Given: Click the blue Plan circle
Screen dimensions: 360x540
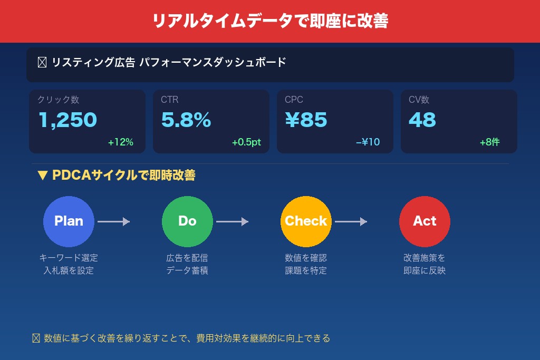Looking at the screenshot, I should [x=69, y=221].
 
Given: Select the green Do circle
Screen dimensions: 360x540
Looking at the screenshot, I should [x=187, y=221].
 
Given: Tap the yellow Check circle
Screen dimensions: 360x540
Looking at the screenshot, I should [x=306, y=221].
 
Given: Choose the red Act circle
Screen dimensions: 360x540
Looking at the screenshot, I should [x=425, y=221].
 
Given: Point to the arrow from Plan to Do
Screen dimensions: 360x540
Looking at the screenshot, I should [x=113, y=222].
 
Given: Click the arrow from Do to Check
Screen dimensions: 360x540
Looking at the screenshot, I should [x=232, y=222].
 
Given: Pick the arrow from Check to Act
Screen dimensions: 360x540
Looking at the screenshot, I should [x=351, y=222].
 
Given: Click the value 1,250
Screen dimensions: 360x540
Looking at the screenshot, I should [x=67, y=120].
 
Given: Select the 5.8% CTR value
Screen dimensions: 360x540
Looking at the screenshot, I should [x=186, y=120].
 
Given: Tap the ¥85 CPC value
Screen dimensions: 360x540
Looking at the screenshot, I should [x=306, y=120].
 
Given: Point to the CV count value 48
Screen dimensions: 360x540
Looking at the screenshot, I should [x=422, y=120].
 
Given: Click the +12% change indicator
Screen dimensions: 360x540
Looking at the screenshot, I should [x=120, y=142].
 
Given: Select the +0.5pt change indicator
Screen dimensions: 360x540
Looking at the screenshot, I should [x=246, y=142].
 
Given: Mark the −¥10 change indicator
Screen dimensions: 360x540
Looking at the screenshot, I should [x=368, y=142].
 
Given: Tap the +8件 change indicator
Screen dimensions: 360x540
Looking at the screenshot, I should [x=489, y=142].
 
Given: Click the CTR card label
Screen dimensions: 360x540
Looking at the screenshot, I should [x=170, y=100].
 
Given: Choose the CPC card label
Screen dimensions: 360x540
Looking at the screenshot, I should [x=294, y=100].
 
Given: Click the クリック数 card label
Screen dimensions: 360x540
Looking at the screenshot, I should [x=58, y=100].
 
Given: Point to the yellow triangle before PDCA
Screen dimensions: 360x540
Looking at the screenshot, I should [x=43, y=176].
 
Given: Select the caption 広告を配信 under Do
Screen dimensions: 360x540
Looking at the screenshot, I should [x=187, y=258].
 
